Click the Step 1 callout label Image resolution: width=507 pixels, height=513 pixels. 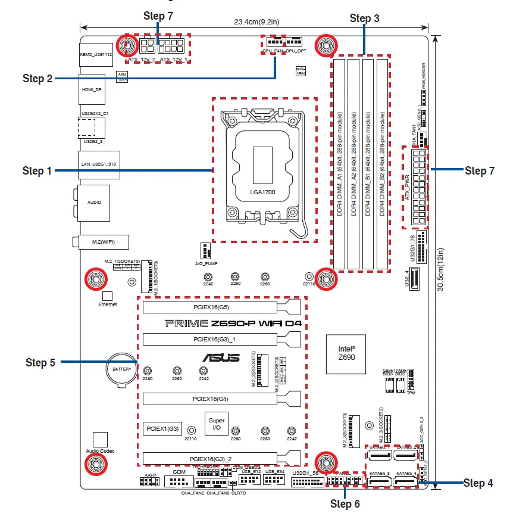[x=41, y=171]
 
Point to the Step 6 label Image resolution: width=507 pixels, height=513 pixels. [x=345, y=504]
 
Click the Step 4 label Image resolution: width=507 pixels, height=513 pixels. [x=478, y=483]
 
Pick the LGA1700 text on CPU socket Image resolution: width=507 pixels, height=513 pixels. [x=264, y=193]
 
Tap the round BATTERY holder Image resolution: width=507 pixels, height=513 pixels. [x=121, y=369]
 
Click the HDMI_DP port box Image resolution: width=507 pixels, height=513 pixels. [x=91, y=90]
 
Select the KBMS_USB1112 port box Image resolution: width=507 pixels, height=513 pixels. [x=95, y=54]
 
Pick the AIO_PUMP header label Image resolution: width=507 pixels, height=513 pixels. [x=204, y=262]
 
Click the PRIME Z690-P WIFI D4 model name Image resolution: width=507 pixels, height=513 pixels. [x=233, y=324]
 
